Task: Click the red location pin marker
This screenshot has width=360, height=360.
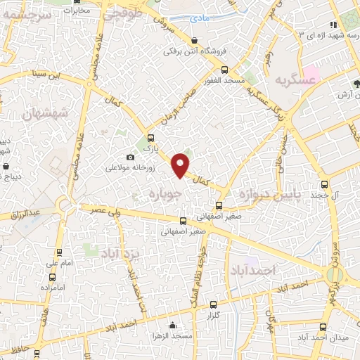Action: coord(181,165)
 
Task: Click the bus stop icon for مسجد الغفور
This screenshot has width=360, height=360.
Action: coord(225,70)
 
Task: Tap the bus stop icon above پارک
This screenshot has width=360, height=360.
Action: coord(150,138)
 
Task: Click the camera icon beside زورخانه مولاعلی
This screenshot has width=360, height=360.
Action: coord(130,157)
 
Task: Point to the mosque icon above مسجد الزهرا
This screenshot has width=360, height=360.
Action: coord(172,325)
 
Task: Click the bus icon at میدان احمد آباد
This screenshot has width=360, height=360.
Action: coord(323,327)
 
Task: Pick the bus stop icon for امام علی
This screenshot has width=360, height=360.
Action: coord(58,252)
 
